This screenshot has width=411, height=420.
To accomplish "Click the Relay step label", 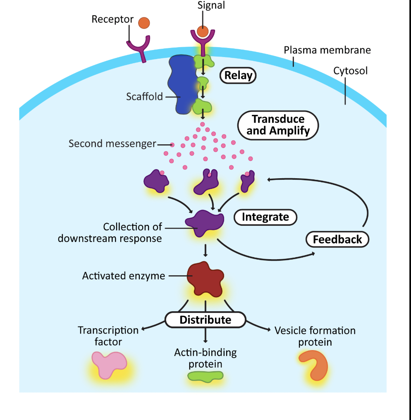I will click(238, 76).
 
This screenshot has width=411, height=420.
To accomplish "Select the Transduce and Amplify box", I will click(278, 125).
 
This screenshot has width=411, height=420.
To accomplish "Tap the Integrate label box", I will click(265, 217).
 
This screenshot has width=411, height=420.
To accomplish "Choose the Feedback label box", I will click(337, 239).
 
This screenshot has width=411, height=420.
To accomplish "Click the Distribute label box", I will click(205, 320).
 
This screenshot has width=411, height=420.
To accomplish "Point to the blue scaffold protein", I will click(181, 85).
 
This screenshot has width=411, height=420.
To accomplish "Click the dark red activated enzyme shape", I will click(205, 278).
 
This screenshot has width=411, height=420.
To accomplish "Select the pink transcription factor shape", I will click(109, 364).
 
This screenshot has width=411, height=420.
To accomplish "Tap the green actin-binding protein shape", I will click(205, 376).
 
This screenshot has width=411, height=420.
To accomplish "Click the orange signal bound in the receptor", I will click(203, 31).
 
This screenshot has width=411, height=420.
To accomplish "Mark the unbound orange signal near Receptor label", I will click(144, 23).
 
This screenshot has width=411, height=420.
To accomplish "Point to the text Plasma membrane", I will click(327, 50).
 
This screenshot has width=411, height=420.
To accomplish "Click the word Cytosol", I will click(350, 71).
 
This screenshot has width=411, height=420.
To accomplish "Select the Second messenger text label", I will click(112, 144).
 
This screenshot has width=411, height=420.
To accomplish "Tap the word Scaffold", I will click(144, 97).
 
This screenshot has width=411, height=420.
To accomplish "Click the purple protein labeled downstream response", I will click(205, 224).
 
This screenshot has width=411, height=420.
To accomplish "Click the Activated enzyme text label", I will click(124, 276).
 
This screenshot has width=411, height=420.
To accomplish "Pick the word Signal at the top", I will click(211, 6).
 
